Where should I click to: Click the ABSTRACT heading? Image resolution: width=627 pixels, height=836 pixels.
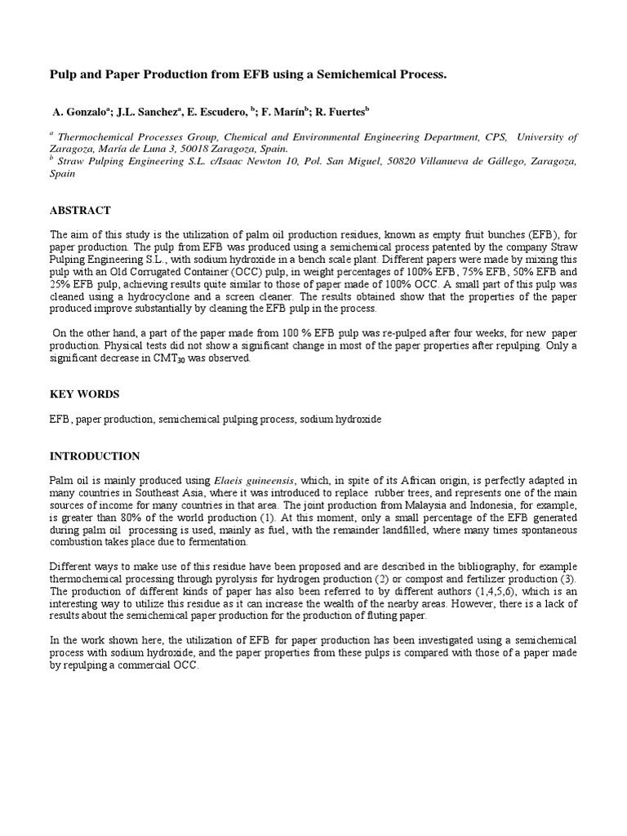click(80, 211)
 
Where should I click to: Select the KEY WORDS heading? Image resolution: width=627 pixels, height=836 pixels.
click(84, 394)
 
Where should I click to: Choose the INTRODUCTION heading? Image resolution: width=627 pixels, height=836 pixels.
click(95, 456)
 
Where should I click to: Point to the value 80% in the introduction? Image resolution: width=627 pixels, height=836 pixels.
click(126, 518)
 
